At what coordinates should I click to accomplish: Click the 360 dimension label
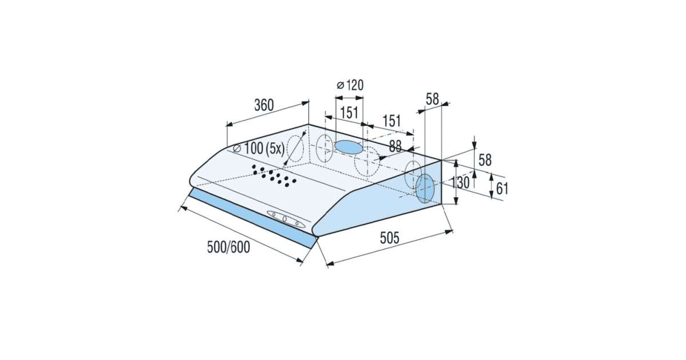264,105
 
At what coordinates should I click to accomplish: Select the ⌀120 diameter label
350,85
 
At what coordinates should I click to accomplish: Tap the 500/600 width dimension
229,247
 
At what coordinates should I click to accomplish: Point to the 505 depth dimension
389,238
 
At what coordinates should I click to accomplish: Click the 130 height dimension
461,182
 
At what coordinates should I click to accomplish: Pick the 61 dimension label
502,189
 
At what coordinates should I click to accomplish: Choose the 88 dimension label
396,146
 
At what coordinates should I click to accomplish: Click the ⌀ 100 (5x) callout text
259,149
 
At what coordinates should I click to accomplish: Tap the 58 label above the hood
432,99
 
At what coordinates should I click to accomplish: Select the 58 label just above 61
485,160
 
